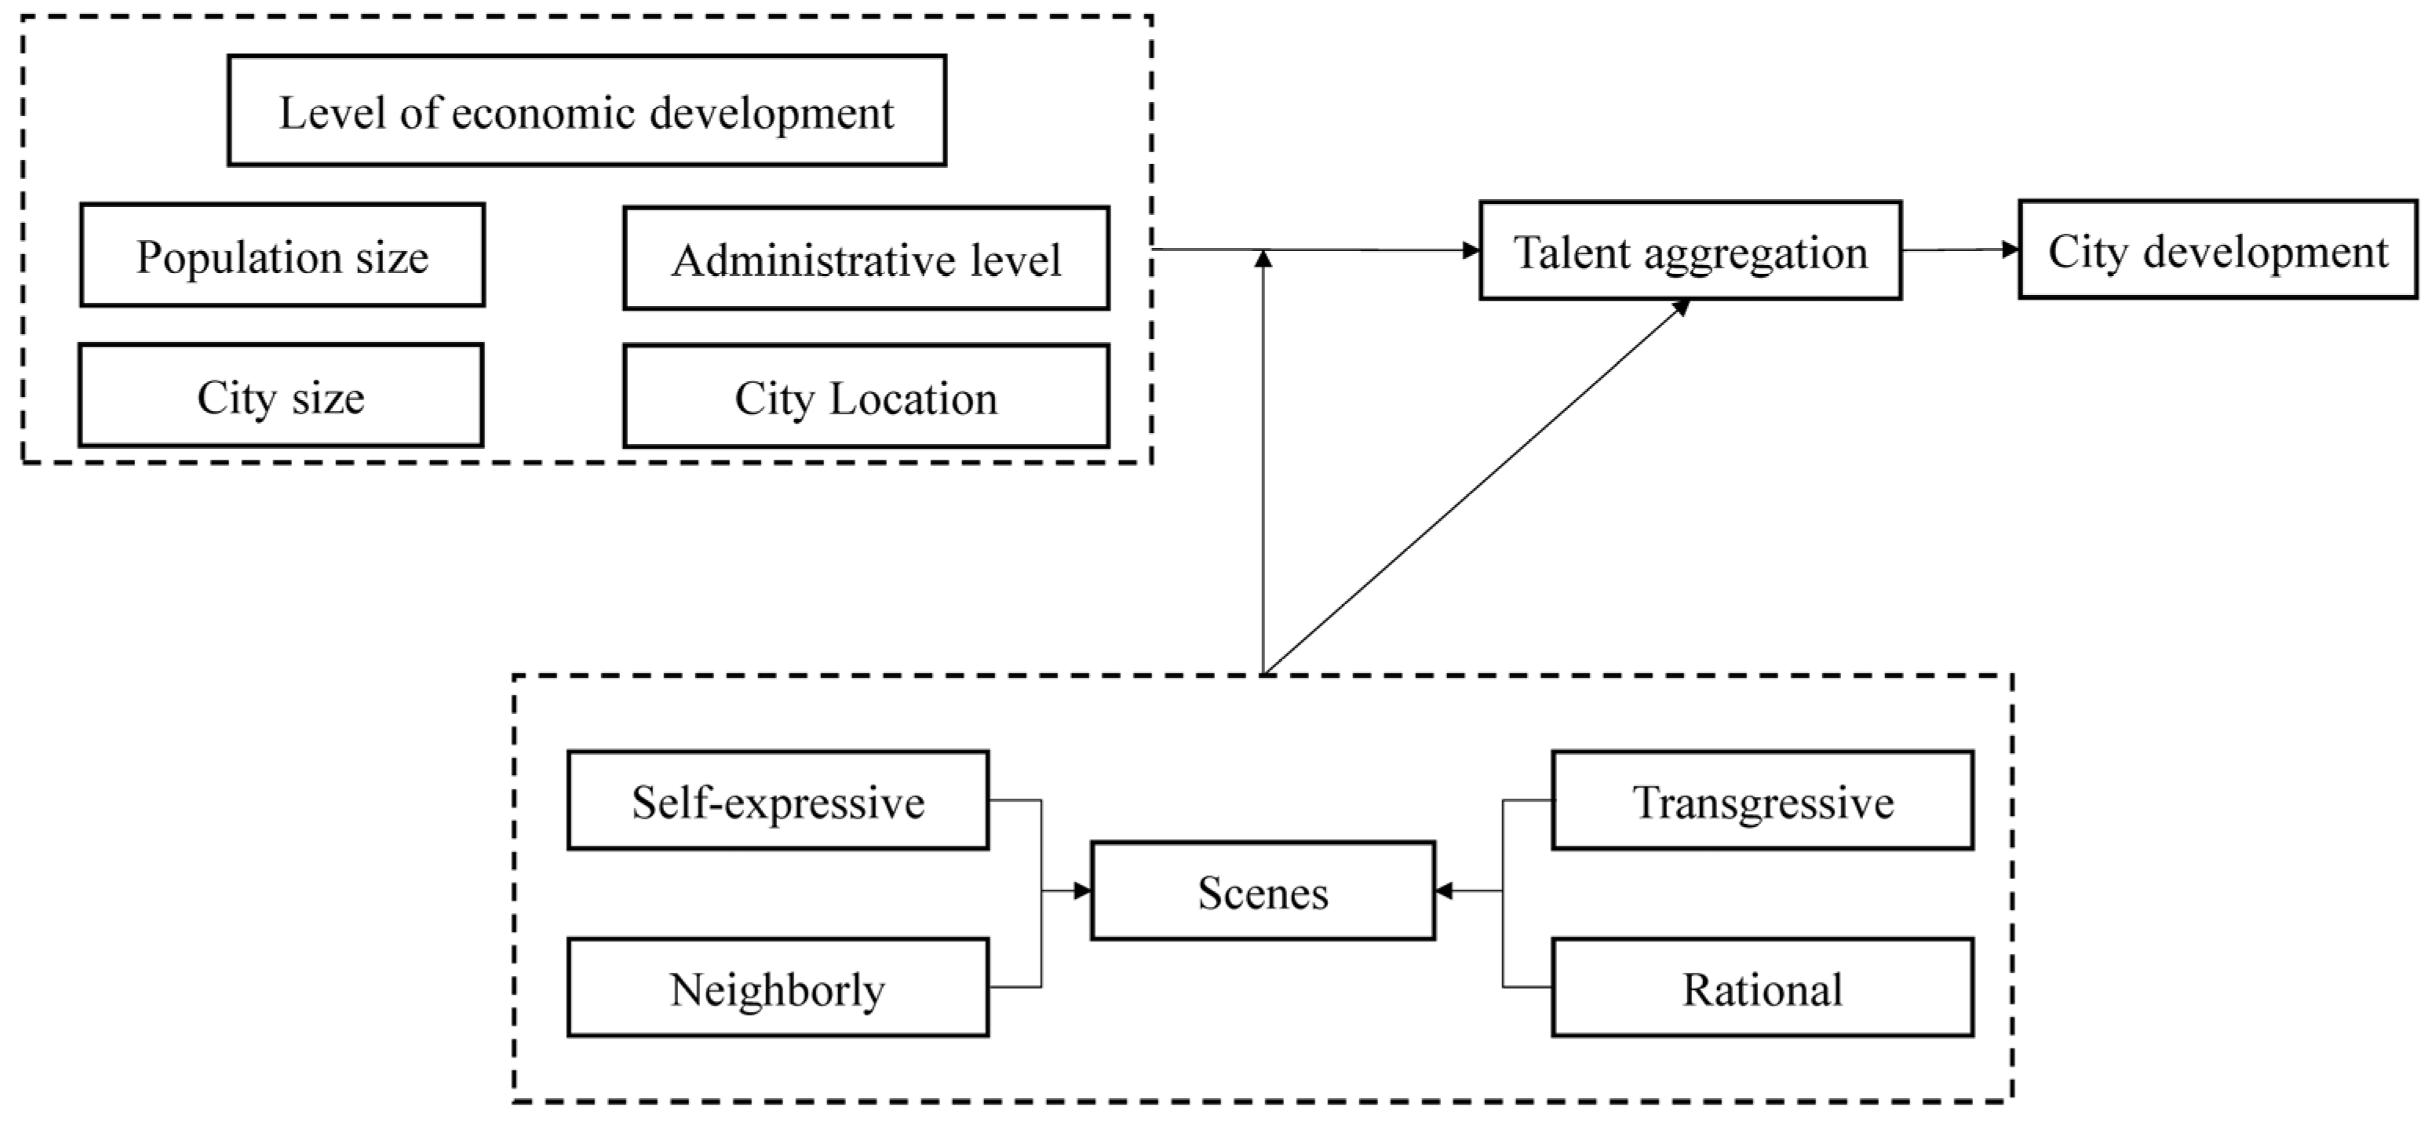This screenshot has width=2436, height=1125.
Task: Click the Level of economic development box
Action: pyautogui.click(x=586, y=111)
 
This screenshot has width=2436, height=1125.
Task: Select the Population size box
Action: pyautogui.click(x=282, y=255)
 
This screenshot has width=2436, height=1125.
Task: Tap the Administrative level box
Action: pyautogui.click(x=866, y=258)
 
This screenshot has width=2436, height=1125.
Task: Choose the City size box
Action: pyautogui.click(x=281, y=395)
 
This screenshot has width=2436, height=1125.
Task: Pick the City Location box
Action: pyautogui.click(x=866, y=396)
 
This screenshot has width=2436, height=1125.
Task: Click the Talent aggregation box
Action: pyautogui.click(x=1690, y=250)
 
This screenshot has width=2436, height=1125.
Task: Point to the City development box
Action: pyautogui.click(x=2218, y=249)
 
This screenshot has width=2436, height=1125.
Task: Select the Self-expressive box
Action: pyautogui.click(x=777, y=801)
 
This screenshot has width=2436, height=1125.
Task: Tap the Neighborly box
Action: pyautogui.click(x=777, y=988)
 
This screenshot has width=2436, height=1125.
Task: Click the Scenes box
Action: pyautogui.click(x=1263, y=890)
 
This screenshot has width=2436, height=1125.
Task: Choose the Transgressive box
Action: pyautogui.click(x=1763, y=801)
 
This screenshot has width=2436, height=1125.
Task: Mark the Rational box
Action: pyautogui.click(x=1763, y=988)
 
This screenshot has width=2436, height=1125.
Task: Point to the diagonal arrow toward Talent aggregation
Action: pyautogui.click(x=1475, y=487)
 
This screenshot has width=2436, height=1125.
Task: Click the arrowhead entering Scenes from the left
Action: pyautogui.click(x=1083, y=890)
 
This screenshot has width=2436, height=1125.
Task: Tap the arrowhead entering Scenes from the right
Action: pyautogui.click(x=1444, y=890)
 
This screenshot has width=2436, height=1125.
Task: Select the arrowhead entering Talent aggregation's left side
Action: pyautogui.click(x=1471, y=250)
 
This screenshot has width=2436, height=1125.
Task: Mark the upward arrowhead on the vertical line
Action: pyautogui.click(x=1264, y=258)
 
